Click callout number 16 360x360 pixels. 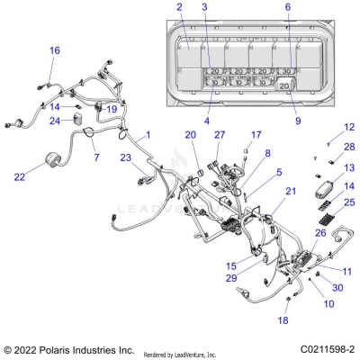[x=55, y=51]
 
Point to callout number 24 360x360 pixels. [x=55, y=121]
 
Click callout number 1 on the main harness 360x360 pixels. [x=148, y=134]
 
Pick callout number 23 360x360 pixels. [x=125, y=157]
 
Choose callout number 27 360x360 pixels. [x=219, y=135]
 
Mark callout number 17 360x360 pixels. [x=256, y=135]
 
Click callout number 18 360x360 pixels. [x=283, y=319]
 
